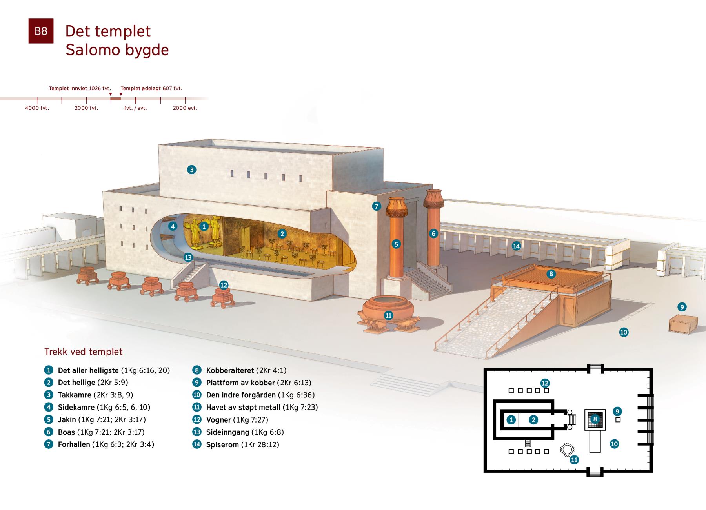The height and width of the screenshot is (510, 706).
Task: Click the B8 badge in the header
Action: click(x=41, y=31)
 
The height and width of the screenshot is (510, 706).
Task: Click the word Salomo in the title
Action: click(x=89, y=50)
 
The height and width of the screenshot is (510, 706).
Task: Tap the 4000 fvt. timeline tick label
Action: click(x=37, y=108)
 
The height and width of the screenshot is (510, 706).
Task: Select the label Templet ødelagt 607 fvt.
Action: click(x=151, y=88)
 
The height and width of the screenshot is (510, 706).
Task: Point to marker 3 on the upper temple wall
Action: click(x=191, y=169)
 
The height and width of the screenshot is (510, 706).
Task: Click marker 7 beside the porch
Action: click(x=377, y=206)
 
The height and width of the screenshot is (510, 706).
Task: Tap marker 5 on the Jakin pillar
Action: click(x=396, y=244)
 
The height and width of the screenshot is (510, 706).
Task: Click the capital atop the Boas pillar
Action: click(x=433, y=199)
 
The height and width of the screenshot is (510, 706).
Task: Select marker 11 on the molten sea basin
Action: click(x=388, y=315)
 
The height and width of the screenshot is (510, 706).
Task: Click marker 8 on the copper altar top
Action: click(x=551, y=274)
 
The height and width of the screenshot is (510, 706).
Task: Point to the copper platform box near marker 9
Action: click(x=683, y=324)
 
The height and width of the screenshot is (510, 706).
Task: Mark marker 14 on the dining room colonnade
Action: click(x=516, y=246)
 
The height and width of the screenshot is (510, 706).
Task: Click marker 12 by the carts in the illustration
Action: click(x=224, y=285)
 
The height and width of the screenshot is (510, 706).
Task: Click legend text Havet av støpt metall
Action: click(x=244, y=407)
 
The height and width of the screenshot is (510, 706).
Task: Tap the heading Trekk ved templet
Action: click(x=84, y=352)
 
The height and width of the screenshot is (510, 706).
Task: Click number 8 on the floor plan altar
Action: click(x=595, y=419)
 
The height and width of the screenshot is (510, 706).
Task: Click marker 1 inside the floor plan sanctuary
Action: click(x=511, y=420)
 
